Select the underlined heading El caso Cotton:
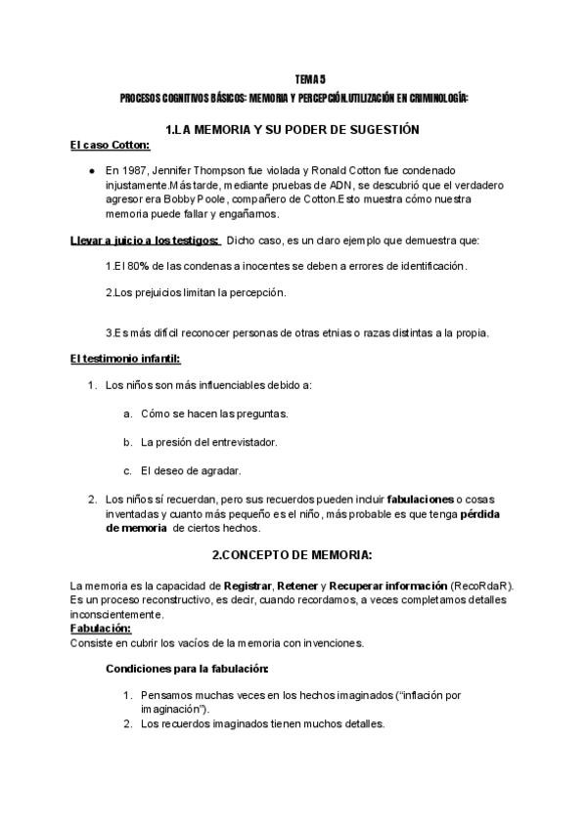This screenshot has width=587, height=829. (110, 147)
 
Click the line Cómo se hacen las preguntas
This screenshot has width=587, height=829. (214, 414)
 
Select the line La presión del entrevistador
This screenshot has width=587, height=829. (208, 442)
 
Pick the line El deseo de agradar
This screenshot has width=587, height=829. (191, 470)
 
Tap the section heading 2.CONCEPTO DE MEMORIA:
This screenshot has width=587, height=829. (292, 555)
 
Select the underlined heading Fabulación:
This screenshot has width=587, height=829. (102, 628)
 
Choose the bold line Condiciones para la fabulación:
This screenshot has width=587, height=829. (187, 670)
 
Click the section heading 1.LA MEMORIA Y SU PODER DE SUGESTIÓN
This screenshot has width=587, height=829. (293, 129)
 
